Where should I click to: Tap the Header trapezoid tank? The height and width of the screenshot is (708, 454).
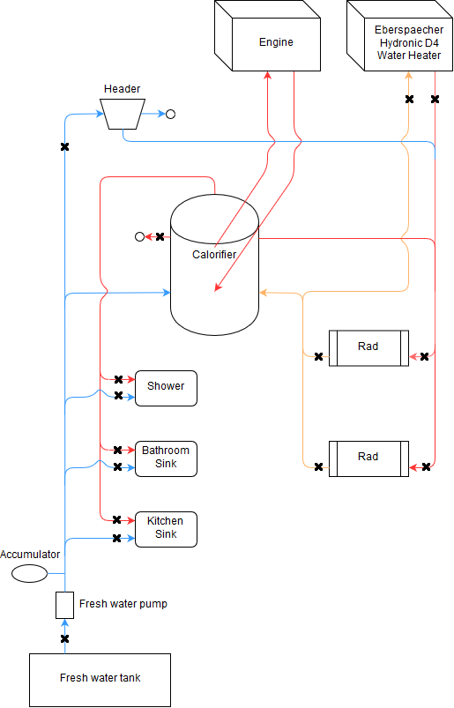point(123,114)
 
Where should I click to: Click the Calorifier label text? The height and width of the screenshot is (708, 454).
point(214,255)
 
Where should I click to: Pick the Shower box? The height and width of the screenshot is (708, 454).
point(166,388)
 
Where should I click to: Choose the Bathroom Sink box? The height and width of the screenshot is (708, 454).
point(166,458)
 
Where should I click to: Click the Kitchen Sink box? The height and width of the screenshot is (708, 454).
point(166,529)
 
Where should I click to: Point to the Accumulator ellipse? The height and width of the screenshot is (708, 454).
point(29,573)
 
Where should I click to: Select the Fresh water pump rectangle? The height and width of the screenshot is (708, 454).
point(64,605)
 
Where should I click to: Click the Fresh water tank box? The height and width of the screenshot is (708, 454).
point(100,680)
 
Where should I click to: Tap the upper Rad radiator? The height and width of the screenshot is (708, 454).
point(368,348)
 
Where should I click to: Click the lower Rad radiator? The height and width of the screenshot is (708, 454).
point(368,458)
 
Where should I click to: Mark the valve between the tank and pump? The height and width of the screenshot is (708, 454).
point(64,638)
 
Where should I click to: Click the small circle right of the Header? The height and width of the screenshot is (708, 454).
point(170,115)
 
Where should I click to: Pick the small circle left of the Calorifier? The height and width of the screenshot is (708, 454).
point(139,236)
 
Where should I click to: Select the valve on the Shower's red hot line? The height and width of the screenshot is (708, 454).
point(118,379)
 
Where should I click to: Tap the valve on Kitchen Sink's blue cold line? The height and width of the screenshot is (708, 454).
point(116,538)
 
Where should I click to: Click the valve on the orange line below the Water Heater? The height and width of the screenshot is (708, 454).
point(409,99)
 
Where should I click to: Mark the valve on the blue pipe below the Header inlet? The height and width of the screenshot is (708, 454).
point(64,146)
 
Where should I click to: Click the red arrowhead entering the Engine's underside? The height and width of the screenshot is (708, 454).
point(268,75)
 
